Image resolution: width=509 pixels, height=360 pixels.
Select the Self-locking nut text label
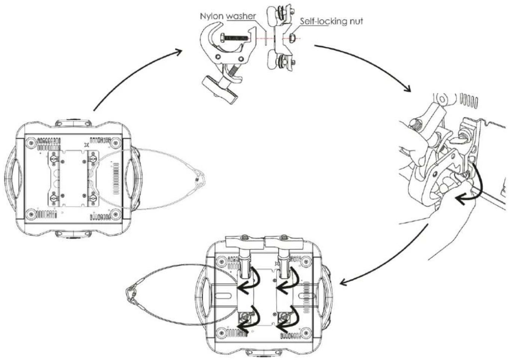(x=331, y=21)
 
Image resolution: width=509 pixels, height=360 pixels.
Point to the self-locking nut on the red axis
(x=293, y=37)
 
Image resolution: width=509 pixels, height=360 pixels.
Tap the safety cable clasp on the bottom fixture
(x=131, y=295)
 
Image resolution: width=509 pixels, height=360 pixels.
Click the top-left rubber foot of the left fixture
(x=32, y=143)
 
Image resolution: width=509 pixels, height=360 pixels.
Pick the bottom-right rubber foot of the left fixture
(x=116, y=214)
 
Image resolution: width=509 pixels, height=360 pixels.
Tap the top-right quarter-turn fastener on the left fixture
(x=93, y=158)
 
